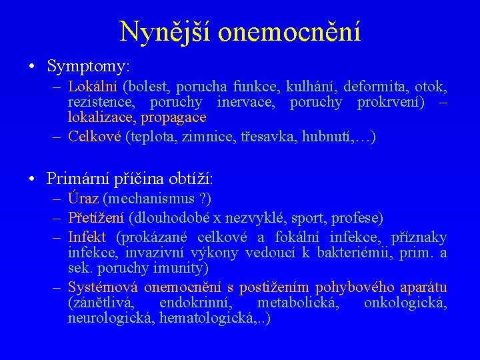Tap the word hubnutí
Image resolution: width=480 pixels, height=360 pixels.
click(x=329, y=137)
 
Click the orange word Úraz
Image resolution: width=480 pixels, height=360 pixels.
click(x=83, y=198)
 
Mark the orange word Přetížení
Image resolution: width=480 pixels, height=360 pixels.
click(x=96, y=217)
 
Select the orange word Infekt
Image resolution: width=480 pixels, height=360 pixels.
click(x=87, y=237)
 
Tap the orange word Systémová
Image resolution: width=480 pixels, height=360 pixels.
click(x=102, y=288)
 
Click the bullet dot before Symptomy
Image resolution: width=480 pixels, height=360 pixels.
click(x=32, y=67)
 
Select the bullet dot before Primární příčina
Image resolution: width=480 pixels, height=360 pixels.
click(x=32, y=179)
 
